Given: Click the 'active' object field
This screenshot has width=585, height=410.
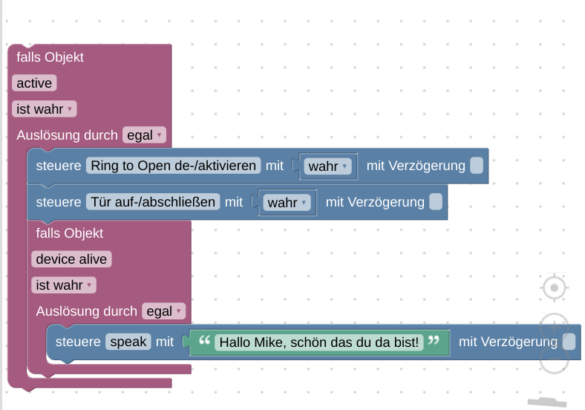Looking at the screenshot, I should coord(34,83).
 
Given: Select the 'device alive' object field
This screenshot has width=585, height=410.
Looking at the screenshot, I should coord(71,259).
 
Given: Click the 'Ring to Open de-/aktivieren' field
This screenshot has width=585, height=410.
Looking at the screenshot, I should coord(174,166).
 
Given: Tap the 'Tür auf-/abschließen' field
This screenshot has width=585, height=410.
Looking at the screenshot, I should coord(154,202).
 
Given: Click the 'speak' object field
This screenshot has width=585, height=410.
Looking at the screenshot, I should coord(128,342).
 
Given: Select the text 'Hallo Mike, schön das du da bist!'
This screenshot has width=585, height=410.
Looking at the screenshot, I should coord(318,342).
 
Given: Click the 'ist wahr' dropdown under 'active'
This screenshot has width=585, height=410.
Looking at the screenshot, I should coord(45,109).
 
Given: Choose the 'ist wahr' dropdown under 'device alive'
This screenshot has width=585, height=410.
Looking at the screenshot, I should coord(64,285).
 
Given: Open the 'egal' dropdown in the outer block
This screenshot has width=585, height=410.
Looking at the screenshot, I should coord(145,135).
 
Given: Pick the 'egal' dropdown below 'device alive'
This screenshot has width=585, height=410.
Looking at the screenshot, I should coord(164,311).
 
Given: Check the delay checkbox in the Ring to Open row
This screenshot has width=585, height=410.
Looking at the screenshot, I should coord(477,166).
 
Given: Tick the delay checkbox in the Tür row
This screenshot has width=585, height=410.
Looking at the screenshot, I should coord(436,202).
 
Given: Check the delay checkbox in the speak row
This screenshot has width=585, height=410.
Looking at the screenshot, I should coord(569,342).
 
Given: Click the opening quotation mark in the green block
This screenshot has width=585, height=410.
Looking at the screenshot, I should coord(205,342).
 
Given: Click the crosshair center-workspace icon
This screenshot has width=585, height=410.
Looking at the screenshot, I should coord(555,287).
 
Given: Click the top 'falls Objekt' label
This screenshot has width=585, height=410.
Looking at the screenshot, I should coord(50,57).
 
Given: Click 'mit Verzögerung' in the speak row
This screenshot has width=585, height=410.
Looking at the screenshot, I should coord(508,342).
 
